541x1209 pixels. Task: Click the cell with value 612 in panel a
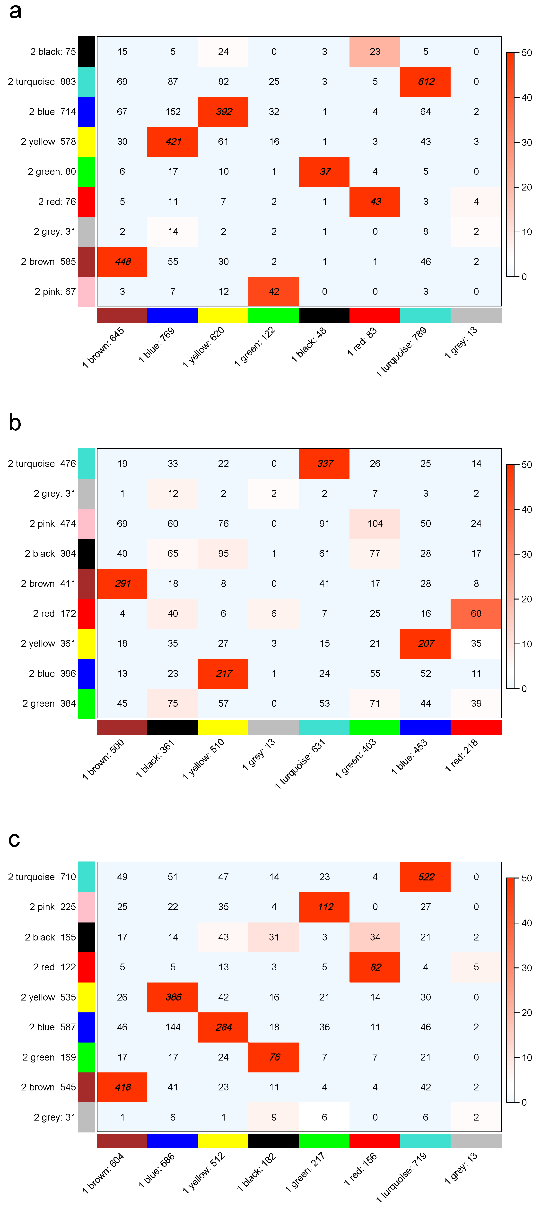click(x=426, y=82)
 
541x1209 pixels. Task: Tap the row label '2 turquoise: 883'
click(x=42, y=82)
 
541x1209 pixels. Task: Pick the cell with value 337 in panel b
click(x=325, y=464)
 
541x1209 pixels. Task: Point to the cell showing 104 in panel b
click(x=375, y=524)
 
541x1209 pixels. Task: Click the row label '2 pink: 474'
click(x=52, y=524)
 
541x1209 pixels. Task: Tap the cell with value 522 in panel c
click(x=426, y=877)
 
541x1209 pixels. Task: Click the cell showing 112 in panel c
click(x=325, y=907)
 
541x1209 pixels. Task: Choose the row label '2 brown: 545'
click(x=48, y=1087)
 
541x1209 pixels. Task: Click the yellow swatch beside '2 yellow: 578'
click(x=86, y=142)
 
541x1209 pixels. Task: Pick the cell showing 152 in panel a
click(x=173, y=112)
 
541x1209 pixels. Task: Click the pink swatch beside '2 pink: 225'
click(x=86, y=907)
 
